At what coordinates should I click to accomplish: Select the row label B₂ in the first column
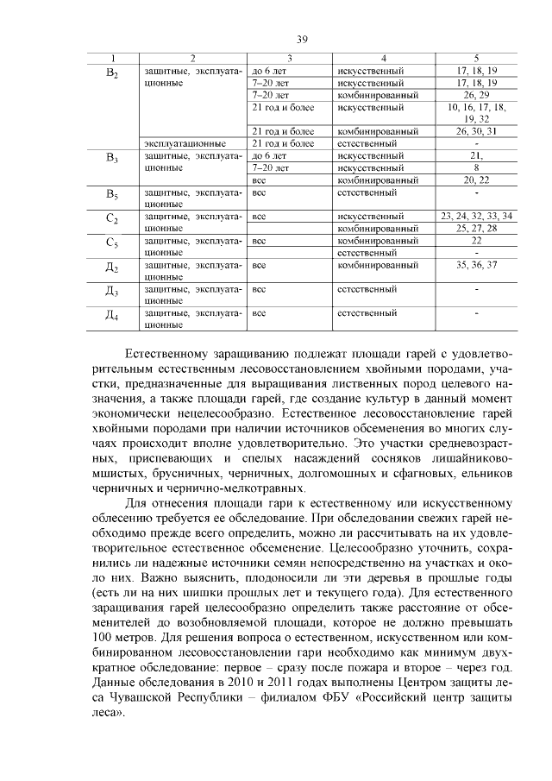point(111,73)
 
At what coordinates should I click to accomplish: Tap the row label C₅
point(111,243)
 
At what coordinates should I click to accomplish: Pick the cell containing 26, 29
point(476,93)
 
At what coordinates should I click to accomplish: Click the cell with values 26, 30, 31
point(476,131)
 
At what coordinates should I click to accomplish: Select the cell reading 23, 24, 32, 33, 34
point(476,215)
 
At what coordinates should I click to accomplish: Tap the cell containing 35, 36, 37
point(476,264)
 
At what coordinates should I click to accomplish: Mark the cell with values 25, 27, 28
point(476,228)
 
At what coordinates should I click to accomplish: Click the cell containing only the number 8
point(476,167)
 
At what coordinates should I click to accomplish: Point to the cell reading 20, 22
point(476,180)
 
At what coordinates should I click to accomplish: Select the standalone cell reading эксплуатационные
point(185,143)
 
